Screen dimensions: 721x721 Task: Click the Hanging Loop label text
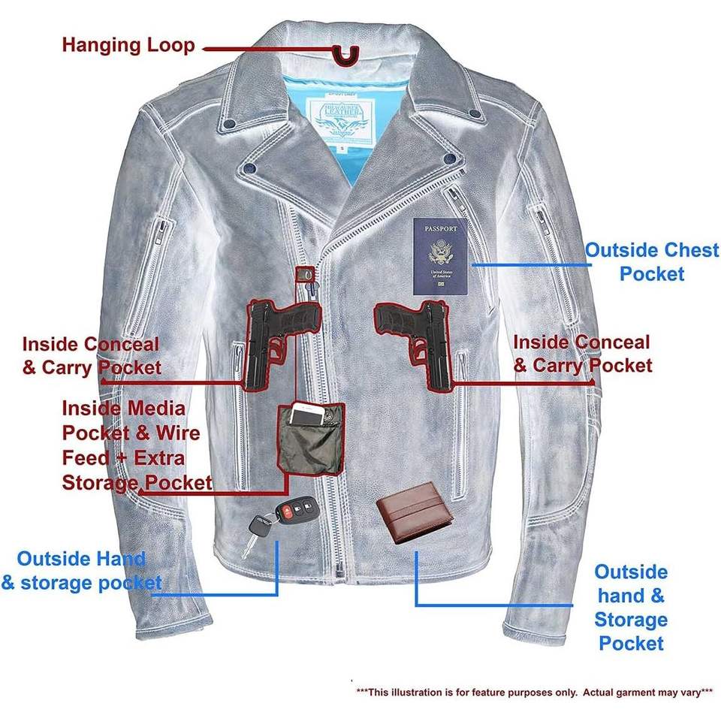click(128, 44)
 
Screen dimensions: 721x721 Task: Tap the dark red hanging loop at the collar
click(346, 54)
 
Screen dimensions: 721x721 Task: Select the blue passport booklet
click(440, 258)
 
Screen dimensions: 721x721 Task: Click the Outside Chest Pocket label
click(651, 261)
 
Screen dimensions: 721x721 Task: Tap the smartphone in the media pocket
click(315, 415)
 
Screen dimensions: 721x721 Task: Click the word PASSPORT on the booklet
click(439, 228)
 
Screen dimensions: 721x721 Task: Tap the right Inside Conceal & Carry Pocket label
click(582, 354)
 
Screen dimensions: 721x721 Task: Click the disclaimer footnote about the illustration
click(534, 691)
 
